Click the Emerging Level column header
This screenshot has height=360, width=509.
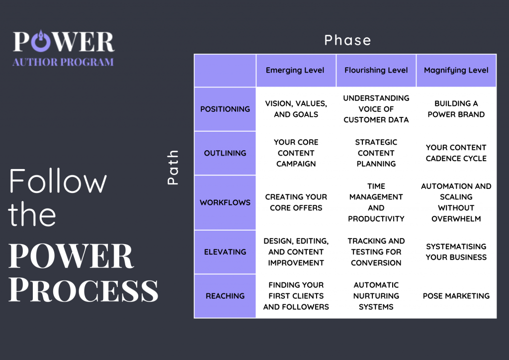click(295, 71)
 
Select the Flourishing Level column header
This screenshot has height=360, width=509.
click(376, 71)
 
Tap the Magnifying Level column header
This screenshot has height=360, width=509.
click(456, 71)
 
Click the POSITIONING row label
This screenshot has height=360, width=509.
click(225, 109)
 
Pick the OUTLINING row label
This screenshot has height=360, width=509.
click(225, 153)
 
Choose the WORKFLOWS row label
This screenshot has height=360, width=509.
click(225, 202)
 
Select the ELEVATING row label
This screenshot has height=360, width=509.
click(225, 252)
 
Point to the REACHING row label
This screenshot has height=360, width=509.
click(225, 296)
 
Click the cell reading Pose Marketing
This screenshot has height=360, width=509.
click(456, 296)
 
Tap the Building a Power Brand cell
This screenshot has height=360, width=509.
click(456, 109)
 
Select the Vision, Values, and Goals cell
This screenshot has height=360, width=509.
click(296, 109)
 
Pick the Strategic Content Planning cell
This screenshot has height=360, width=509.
click(376, 153)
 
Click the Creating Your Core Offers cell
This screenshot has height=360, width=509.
click(296, 202)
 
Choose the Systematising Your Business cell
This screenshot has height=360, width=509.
click(456, 252)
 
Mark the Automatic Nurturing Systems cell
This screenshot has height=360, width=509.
click(376, 296)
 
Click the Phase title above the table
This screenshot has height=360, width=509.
click(347, 40)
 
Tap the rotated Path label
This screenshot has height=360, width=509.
click(172, 168)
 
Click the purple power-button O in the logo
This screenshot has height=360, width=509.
click(41, 42)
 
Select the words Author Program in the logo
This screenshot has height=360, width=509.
click(63, 62)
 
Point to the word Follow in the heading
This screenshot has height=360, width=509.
click(58, 181)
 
